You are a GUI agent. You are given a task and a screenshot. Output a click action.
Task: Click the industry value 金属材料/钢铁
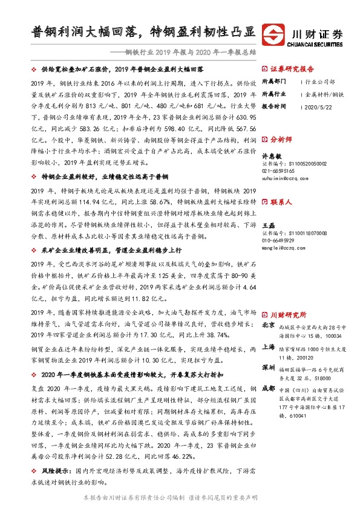[326, 93]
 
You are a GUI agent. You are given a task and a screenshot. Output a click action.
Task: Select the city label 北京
[268, 325]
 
